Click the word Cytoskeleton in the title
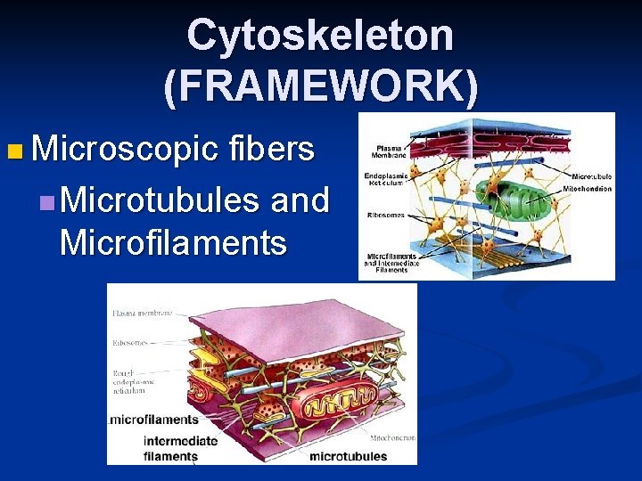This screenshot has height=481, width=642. point(320,36)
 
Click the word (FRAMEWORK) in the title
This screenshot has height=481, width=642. point(320,86)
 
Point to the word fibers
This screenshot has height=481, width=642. point(271,149)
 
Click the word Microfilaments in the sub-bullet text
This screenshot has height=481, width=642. point(173,242)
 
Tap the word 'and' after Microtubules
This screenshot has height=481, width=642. point(300,200)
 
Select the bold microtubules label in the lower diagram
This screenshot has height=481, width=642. point(348,456)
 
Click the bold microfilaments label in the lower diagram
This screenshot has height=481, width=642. point(153,419)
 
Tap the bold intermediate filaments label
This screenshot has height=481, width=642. point(179,448)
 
